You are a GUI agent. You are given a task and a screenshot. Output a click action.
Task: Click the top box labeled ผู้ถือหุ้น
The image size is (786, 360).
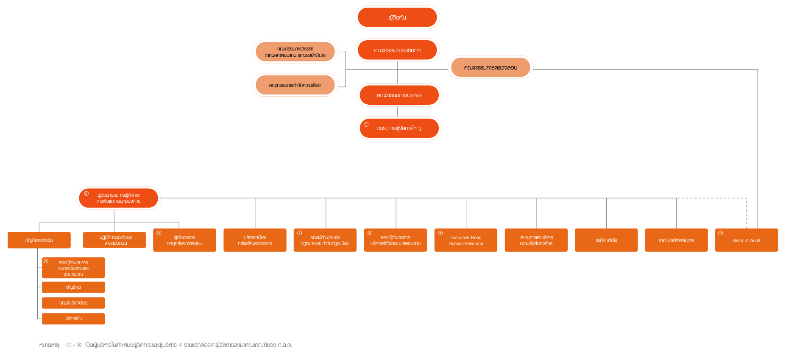[397, 17]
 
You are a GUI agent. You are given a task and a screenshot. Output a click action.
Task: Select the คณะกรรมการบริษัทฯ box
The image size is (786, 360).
[397, 50]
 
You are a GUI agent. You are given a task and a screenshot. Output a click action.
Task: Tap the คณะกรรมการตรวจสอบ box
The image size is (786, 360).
[491, 67]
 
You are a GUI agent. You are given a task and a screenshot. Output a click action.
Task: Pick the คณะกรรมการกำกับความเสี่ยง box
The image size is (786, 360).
[295, 85]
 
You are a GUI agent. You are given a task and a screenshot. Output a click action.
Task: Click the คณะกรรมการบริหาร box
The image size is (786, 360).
[399, 95]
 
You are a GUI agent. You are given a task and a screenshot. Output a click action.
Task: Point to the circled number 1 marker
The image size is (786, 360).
[366, 125]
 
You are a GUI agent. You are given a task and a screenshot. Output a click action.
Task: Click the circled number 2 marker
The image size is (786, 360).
[86, 194]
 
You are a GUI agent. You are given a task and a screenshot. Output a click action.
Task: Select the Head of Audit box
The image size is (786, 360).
[746, 240]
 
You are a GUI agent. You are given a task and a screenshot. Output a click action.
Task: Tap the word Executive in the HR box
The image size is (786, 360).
[460, 237]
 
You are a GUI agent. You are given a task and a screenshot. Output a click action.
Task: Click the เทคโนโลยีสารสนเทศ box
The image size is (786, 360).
[676, 240]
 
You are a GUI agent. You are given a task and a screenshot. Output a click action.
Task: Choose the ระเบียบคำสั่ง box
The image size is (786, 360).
[606, 240]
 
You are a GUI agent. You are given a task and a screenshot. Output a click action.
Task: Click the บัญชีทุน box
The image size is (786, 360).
[73, 287]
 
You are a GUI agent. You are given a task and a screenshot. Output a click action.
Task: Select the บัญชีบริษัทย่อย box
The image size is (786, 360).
[73, 303]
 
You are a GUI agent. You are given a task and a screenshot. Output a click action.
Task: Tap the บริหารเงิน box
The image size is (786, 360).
[73, 318]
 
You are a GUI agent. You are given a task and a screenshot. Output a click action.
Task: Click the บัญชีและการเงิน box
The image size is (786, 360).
[39, 240]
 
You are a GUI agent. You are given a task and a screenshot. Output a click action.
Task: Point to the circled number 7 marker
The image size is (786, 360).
[299, 233]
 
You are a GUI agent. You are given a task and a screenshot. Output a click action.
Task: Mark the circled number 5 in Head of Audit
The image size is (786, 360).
[720, 233]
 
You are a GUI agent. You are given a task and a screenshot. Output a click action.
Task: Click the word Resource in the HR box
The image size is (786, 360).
[474, 243]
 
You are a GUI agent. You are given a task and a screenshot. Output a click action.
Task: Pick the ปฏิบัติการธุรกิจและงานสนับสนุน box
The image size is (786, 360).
[114, 240]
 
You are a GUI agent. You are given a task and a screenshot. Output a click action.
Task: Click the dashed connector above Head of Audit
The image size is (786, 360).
[746, 212]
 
